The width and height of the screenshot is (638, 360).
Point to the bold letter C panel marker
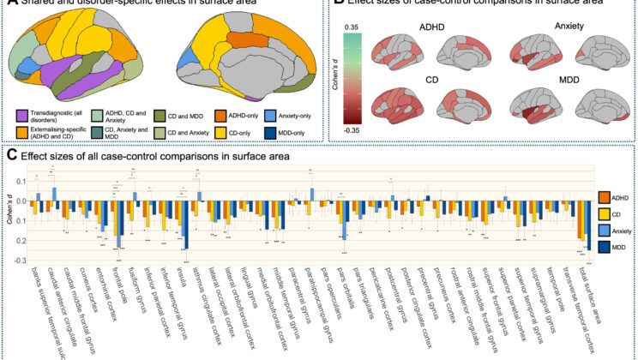pyautogui.click(x=11, y=155)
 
